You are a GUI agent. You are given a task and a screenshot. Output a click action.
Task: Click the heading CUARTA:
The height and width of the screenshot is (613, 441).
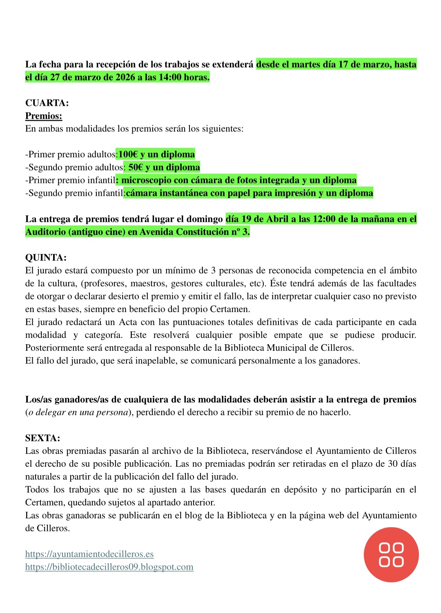47,103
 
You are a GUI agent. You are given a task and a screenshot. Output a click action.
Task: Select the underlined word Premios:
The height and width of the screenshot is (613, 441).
44,116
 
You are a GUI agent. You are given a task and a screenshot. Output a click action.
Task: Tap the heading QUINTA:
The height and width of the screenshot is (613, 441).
46,258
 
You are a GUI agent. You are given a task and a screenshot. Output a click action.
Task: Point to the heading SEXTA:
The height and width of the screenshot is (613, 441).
42,438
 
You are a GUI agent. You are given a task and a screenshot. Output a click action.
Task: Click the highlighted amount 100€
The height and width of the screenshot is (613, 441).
128,154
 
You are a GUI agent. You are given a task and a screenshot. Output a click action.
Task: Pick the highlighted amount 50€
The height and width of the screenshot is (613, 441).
136,167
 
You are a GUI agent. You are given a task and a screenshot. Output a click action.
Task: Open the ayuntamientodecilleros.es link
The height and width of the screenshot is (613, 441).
89,554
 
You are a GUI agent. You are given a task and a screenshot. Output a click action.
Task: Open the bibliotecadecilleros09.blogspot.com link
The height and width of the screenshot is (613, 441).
109,567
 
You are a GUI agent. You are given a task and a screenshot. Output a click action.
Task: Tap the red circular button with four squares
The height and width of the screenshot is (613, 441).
391,555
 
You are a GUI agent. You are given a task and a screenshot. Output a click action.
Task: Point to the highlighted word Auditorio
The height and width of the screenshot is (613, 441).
45,232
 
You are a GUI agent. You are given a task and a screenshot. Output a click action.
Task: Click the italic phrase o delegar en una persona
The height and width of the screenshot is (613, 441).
78,412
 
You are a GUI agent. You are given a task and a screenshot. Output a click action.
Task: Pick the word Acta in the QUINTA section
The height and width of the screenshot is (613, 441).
128,322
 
